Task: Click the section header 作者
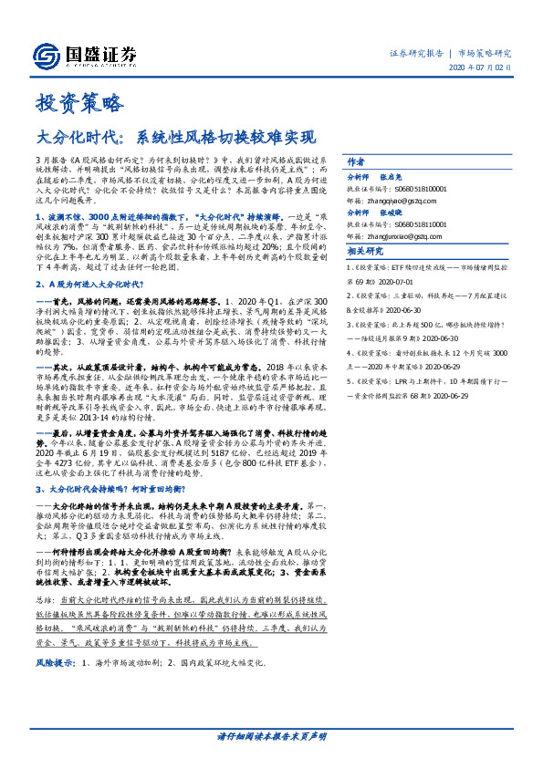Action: [356, 159]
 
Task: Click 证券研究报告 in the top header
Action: [416, 54]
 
